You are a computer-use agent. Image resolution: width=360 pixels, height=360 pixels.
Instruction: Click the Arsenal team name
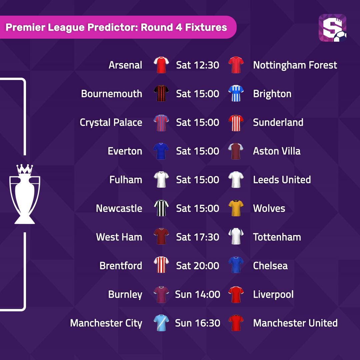pos(125,65)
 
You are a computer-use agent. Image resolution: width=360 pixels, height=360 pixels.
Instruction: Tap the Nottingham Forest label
pos(295,65)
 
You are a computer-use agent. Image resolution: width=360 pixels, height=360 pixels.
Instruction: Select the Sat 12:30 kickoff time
pos(197,65)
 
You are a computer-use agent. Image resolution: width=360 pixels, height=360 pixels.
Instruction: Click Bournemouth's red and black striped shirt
pos(161,93)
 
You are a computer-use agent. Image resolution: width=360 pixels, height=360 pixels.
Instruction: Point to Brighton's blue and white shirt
pos(236,93)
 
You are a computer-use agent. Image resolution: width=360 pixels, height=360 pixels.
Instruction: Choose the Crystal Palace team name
pos(111,122)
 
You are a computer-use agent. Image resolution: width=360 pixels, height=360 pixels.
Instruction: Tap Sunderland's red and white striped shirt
pos(236,123)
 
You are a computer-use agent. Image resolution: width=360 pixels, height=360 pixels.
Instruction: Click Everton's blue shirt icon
pos(161,151)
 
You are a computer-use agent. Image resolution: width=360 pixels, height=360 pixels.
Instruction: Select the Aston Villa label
pos(277,151)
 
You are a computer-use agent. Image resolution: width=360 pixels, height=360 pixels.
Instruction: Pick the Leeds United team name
pos(282,180)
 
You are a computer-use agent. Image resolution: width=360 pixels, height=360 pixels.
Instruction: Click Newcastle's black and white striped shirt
pos(161,208)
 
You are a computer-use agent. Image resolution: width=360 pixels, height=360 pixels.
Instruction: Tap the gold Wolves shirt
pos(236,208)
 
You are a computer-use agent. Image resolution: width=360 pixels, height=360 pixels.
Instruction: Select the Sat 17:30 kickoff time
pos(197,237)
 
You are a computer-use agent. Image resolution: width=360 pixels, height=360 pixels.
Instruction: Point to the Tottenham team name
pos(277,237)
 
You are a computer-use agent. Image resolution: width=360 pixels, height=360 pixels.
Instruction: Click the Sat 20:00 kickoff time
pos(197,266)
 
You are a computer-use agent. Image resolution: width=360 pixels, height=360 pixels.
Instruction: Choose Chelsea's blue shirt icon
pos(236,265)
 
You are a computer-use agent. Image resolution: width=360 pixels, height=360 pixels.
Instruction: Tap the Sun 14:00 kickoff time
pos(197,295)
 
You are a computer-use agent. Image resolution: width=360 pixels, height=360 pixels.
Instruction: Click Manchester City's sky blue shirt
pos(161,323)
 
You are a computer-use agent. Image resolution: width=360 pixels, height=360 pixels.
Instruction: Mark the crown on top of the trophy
pos(25,169)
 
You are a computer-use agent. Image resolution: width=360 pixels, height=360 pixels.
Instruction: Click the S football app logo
pos(332,28)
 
